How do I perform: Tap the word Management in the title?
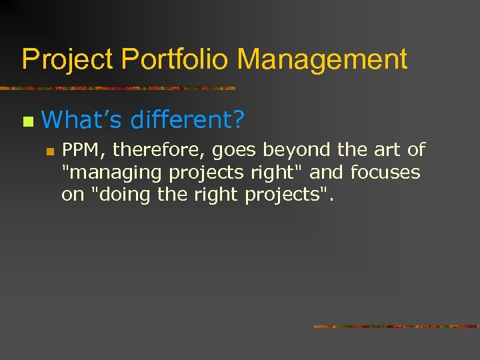click(322, 60)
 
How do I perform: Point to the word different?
click(188, 120)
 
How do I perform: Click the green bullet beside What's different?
click(27, 121)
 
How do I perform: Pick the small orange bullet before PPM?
click(49, 152)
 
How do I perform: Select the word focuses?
click(385, 173)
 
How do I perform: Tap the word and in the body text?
click(327, 173)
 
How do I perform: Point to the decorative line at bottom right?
click(397, 327)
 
